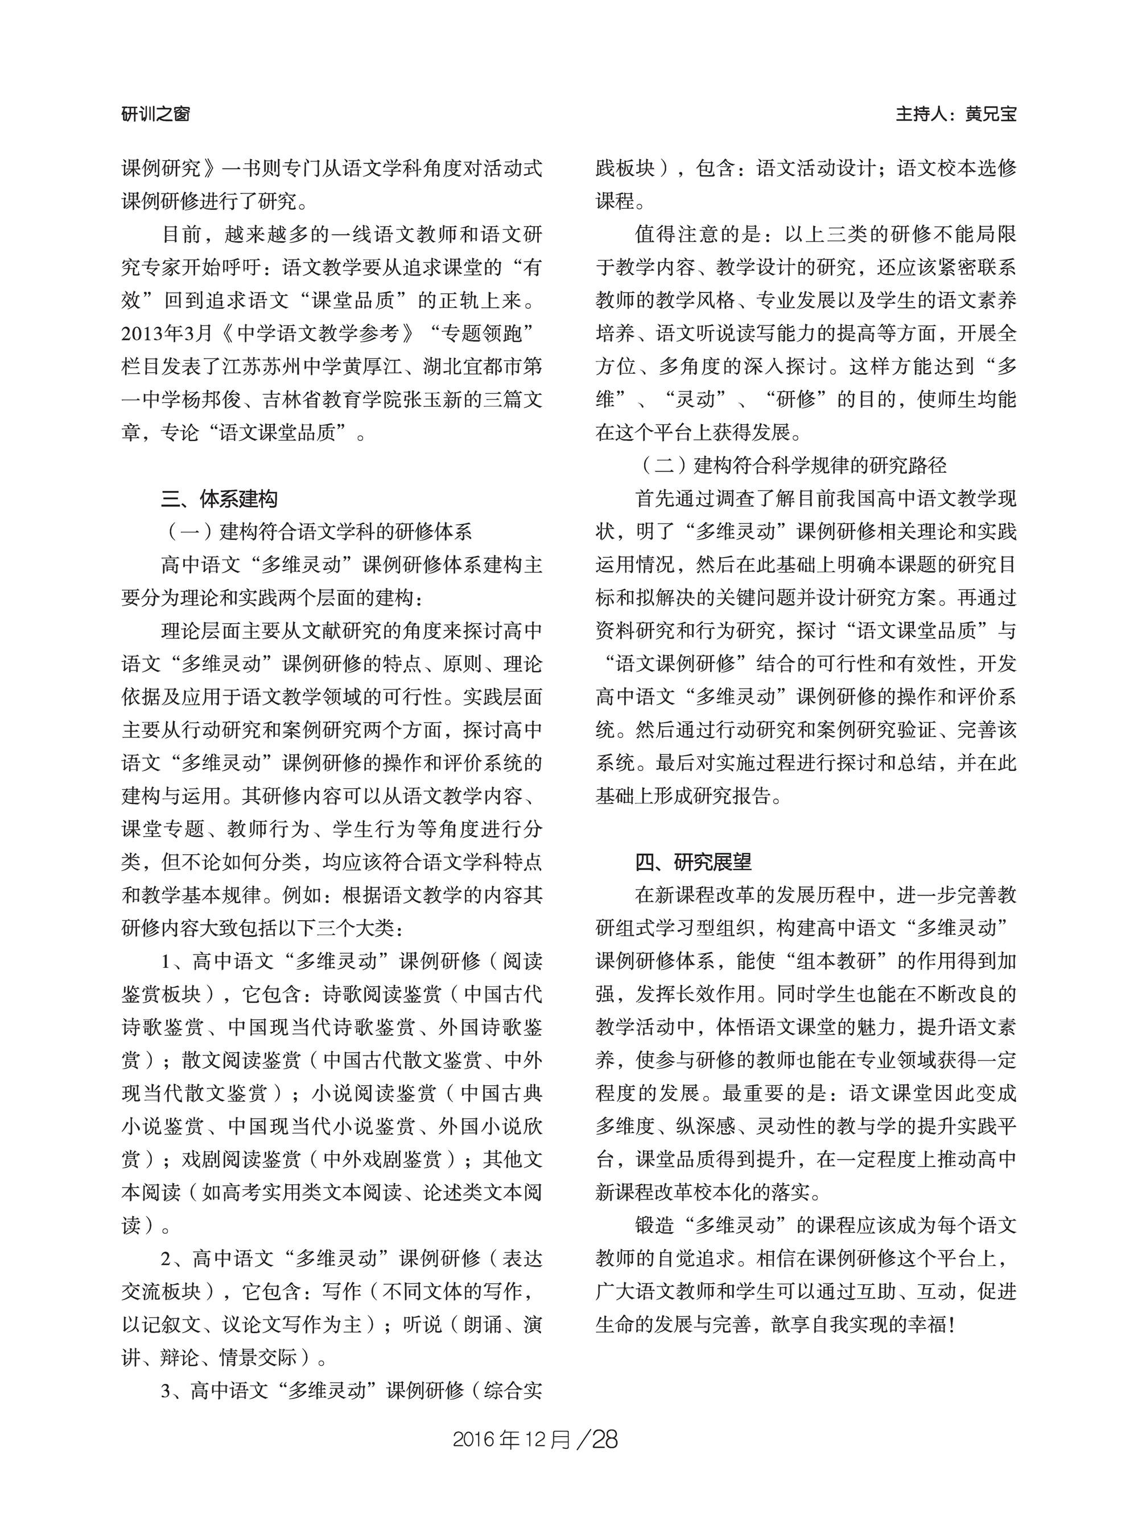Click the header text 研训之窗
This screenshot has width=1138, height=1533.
click(156, 114)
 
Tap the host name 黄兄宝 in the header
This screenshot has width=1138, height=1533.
click(991, 114)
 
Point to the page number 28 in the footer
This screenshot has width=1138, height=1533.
click(605, 1439)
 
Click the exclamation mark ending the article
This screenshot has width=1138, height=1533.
click(952, 1325)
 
